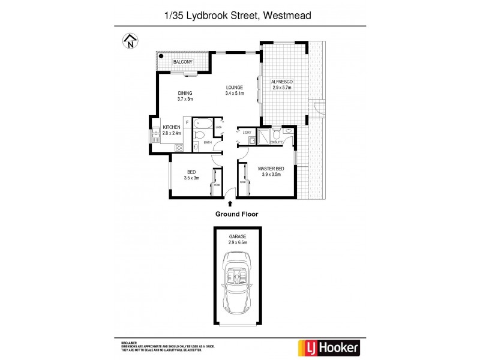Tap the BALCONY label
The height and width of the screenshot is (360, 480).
click(x=182, y=62)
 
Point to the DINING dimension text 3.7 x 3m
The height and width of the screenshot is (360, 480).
click(x=185, y=99)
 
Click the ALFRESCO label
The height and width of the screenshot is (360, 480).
click(x=281, y=82)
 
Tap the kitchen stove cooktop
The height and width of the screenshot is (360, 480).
click(x=178, y=147)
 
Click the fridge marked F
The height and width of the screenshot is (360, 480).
click(x=188, y=123)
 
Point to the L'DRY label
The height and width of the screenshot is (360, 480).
click(x=245, y=133)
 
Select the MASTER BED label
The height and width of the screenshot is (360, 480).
click(x=271, y=169)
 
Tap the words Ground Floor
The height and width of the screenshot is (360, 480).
click(x=236, y=214)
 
